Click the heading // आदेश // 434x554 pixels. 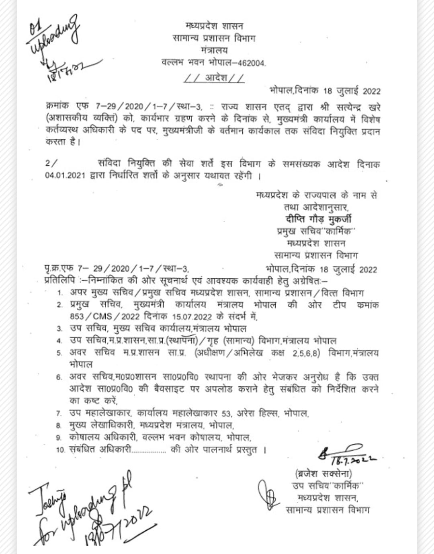coord(214,78)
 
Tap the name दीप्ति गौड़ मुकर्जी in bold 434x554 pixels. coord(319,219)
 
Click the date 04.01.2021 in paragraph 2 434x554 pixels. coord(65,176)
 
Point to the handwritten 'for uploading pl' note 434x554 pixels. coord(92,511)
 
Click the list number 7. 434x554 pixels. coord(59,413)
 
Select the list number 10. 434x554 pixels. coord(61,450)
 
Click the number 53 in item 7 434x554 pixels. coord(227,413)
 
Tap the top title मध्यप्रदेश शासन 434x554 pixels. coord(214,26)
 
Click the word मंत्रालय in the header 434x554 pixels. coord(214,50)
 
